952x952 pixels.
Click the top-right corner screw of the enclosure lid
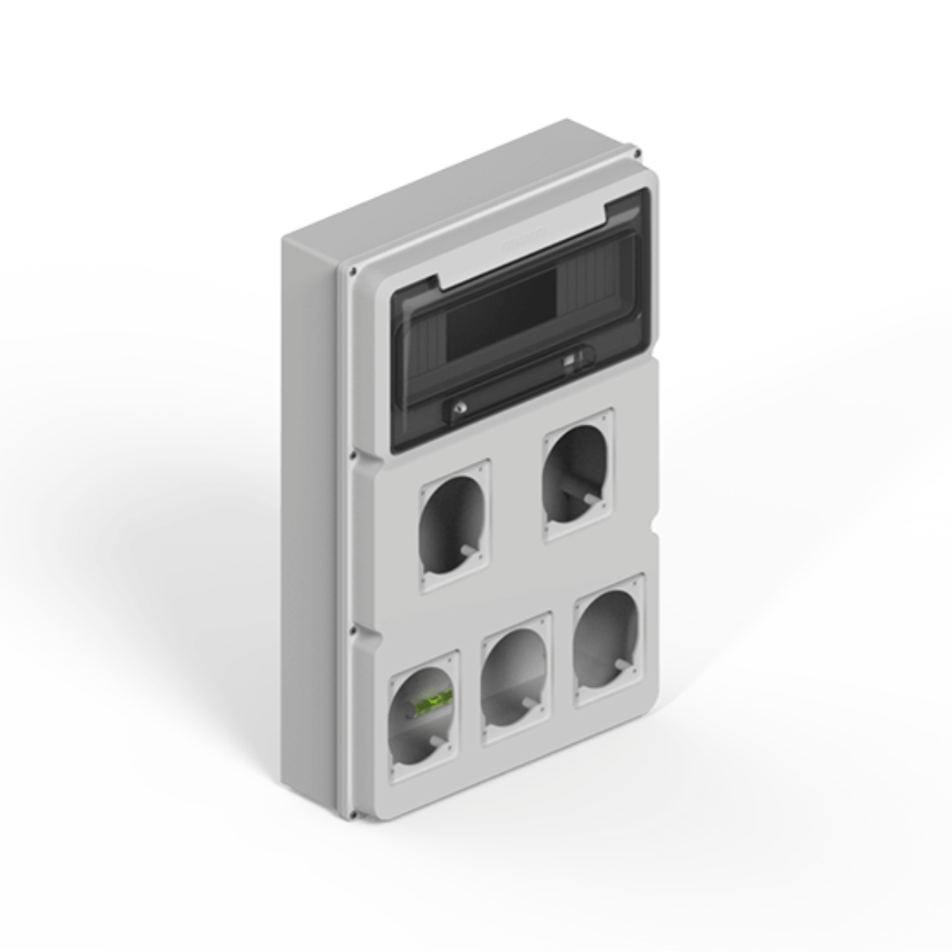tap(635, 151)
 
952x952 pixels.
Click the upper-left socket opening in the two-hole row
tap(454, 526)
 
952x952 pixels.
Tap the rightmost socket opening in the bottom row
tap(608, 640)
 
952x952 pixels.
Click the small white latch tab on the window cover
tap(575, 358)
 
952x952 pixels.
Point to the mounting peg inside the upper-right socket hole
tap(590, 499)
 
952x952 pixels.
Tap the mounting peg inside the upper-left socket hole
tap(466, 550)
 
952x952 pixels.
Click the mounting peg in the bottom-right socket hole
tap(621, 664)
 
